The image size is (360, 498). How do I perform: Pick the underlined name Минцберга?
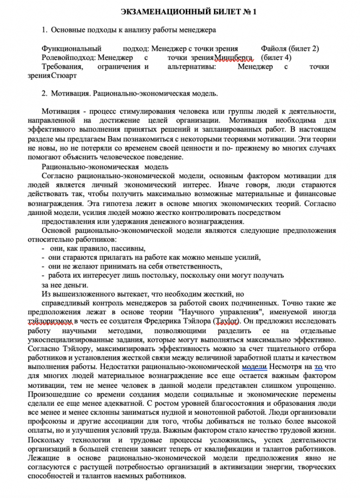(x=234, y=57)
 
